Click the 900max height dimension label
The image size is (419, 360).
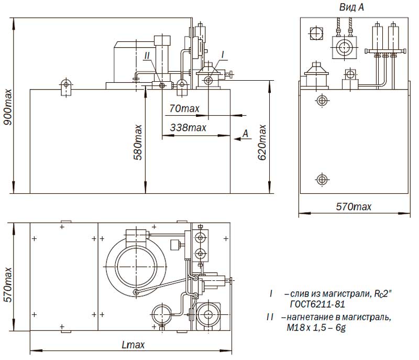point(8,107)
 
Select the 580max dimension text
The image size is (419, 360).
point(138,142)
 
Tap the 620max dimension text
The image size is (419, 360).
point(262,142)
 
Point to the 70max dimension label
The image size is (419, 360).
point(184,108)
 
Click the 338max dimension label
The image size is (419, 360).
point(188,127)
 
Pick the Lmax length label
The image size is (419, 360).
point(133,345)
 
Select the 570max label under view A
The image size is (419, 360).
point(354,206)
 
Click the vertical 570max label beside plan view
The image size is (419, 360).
point(8,285)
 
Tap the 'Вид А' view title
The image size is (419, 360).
point(351,7)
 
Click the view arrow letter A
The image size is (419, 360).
point(246,133)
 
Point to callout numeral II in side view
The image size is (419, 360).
point(147,56)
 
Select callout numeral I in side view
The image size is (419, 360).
point(223,55)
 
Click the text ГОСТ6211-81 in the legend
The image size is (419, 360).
point(317,304)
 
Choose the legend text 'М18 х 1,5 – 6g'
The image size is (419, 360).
point(316,328)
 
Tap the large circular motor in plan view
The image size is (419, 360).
point(136,267)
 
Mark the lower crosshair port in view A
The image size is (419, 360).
point(322,179)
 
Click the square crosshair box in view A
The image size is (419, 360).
point(316,34)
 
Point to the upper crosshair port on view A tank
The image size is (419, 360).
point(323,101)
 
